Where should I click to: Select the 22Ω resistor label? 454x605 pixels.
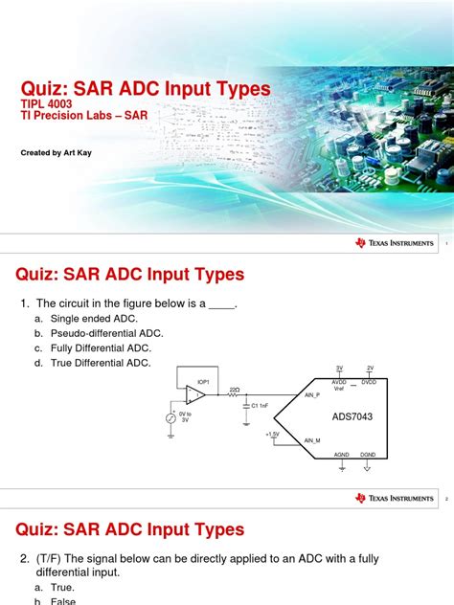pos(234,390)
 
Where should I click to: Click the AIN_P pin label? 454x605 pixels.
pos(312,394)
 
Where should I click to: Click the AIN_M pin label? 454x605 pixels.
pos(312,440)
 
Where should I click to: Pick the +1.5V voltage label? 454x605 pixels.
pos(272,433)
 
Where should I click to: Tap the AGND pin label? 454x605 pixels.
pos(341,454)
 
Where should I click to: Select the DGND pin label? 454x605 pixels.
pos(369,454)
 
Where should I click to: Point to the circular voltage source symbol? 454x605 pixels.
pos(171,418)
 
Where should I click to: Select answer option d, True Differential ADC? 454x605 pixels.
pos(105,363)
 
